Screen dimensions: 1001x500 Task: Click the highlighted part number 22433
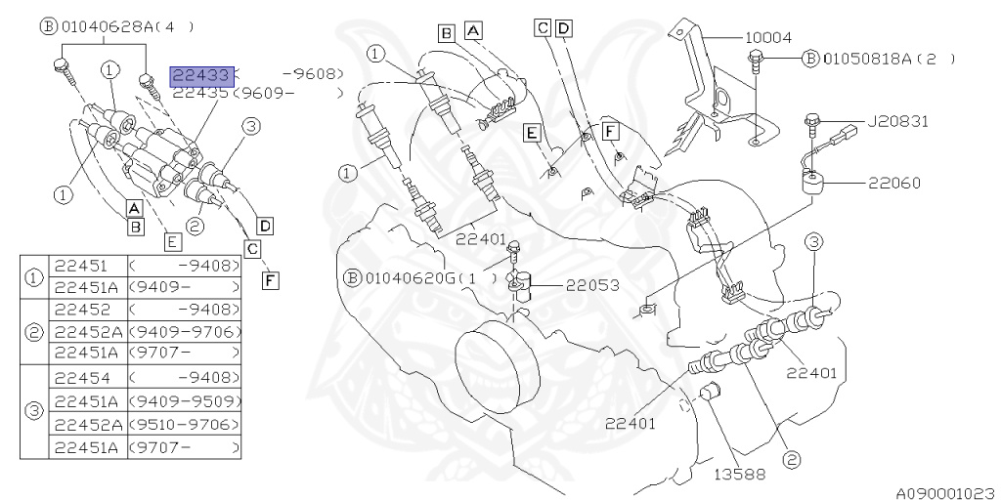click(x=200, y=74)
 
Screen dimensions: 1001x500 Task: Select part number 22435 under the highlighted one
click(x=200, y=94)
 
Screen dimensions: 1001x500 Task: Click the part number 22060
click(x=892, y=183)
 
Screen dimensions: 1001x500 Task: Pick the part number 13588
click(x=739, y=475)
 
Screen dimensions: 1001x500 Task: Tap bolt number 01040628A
click(x=116, y=28)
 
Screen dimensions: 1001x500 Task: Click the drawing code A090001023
click(x=942, y=493)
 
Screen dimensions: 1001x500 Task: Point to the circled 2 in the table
click(x=34, y=331)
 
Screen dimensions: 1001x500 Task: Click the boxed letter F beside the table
click(x=271, y=280)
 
